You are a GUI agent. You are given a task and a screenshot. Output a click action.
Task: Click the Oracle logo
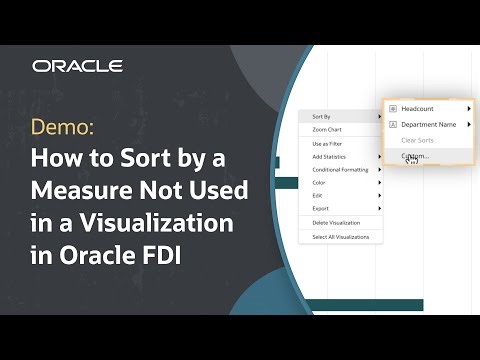click(x=77, y=66)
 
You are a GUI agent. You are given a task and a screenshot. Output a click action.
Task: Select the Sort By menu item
click(x=322, y=117)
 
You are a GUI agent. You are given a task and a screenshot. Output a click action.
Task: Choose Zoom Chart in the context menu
click(x=328, y=130)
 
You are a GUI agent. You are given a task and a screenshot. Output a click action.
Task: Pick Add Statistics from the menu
click(x=329, y=157)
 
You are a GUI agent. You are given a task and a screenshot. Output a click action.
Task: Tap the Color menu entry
click(x=319, y=182)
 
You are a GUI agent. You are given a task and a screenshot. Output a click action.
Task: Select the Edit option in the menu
click(x=317, y=195)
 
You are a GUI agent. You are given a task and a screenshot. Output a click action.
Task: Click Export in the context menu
click(x=320, y=207)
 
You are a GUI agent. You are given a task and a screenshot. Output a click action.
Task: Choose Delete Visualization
click(x=336, y=222)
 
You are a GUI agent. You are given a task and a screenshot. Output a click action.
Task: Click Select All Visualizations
click(x=340, y=237)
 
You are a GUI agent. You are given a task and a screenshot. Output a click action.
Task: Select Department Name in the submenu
click(x=429, y=124)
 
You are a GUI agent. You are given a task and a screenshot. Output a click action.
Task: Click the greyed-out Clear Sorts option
click(x=417, y=140)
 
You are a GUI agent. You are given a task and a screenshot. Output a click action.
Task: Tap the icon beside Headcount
click(x=393, y=108)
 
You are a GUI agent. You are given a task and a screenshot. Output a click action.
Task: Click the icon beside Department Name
click(x=393, y=124)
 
